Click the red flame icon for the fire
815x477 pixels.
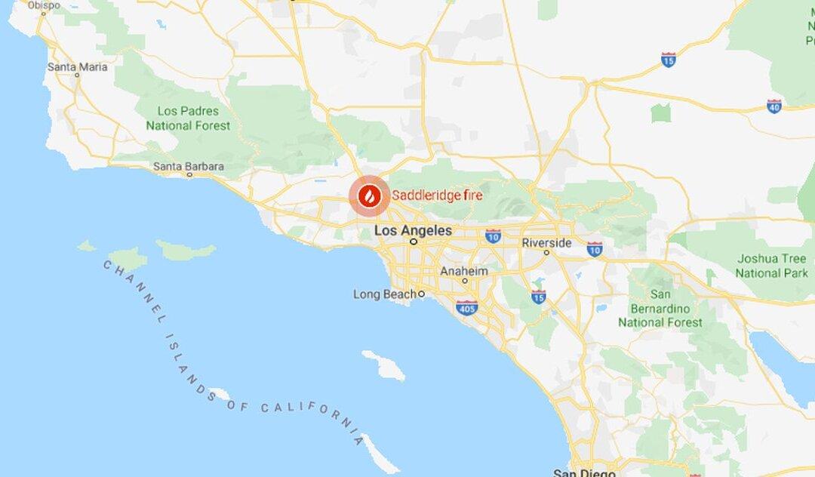click(x=369, y=196)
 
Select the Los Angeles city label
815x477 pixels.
click(x=414, y=230)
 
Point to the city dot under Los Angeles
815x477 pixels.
click(x=414, y=242)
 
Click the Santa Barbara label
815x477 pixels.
click(x=189, y=166)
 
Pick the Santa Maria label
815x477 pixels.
click(x=77, y=66)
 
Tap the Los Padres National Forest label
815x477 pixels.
click(x=188, y=118)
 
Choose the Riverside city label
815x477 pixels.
click(x=546, y=243)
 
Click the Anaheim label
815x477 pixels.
click(x=464, y=271)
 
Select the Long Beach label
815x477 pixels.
click(x=384, y=294)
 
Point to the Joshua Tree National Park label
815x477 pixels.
click(x=772, y=265)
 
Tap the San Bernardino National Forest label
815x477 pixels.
click(x=660, y=308)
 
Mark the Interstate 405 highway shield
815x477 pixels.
click(x=466, y=307)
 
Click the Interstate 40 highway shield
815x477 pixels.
click(x=774, y=106)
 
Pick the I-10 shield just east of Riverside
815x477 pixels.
click(x=595, y=248)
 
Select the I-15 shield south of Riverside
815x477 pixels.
click(x=538, y=297)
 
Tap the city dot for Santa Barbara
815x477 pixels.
click(x=189, y=175)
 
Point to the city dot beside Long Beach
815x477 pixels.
click(x=421, y=294)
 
